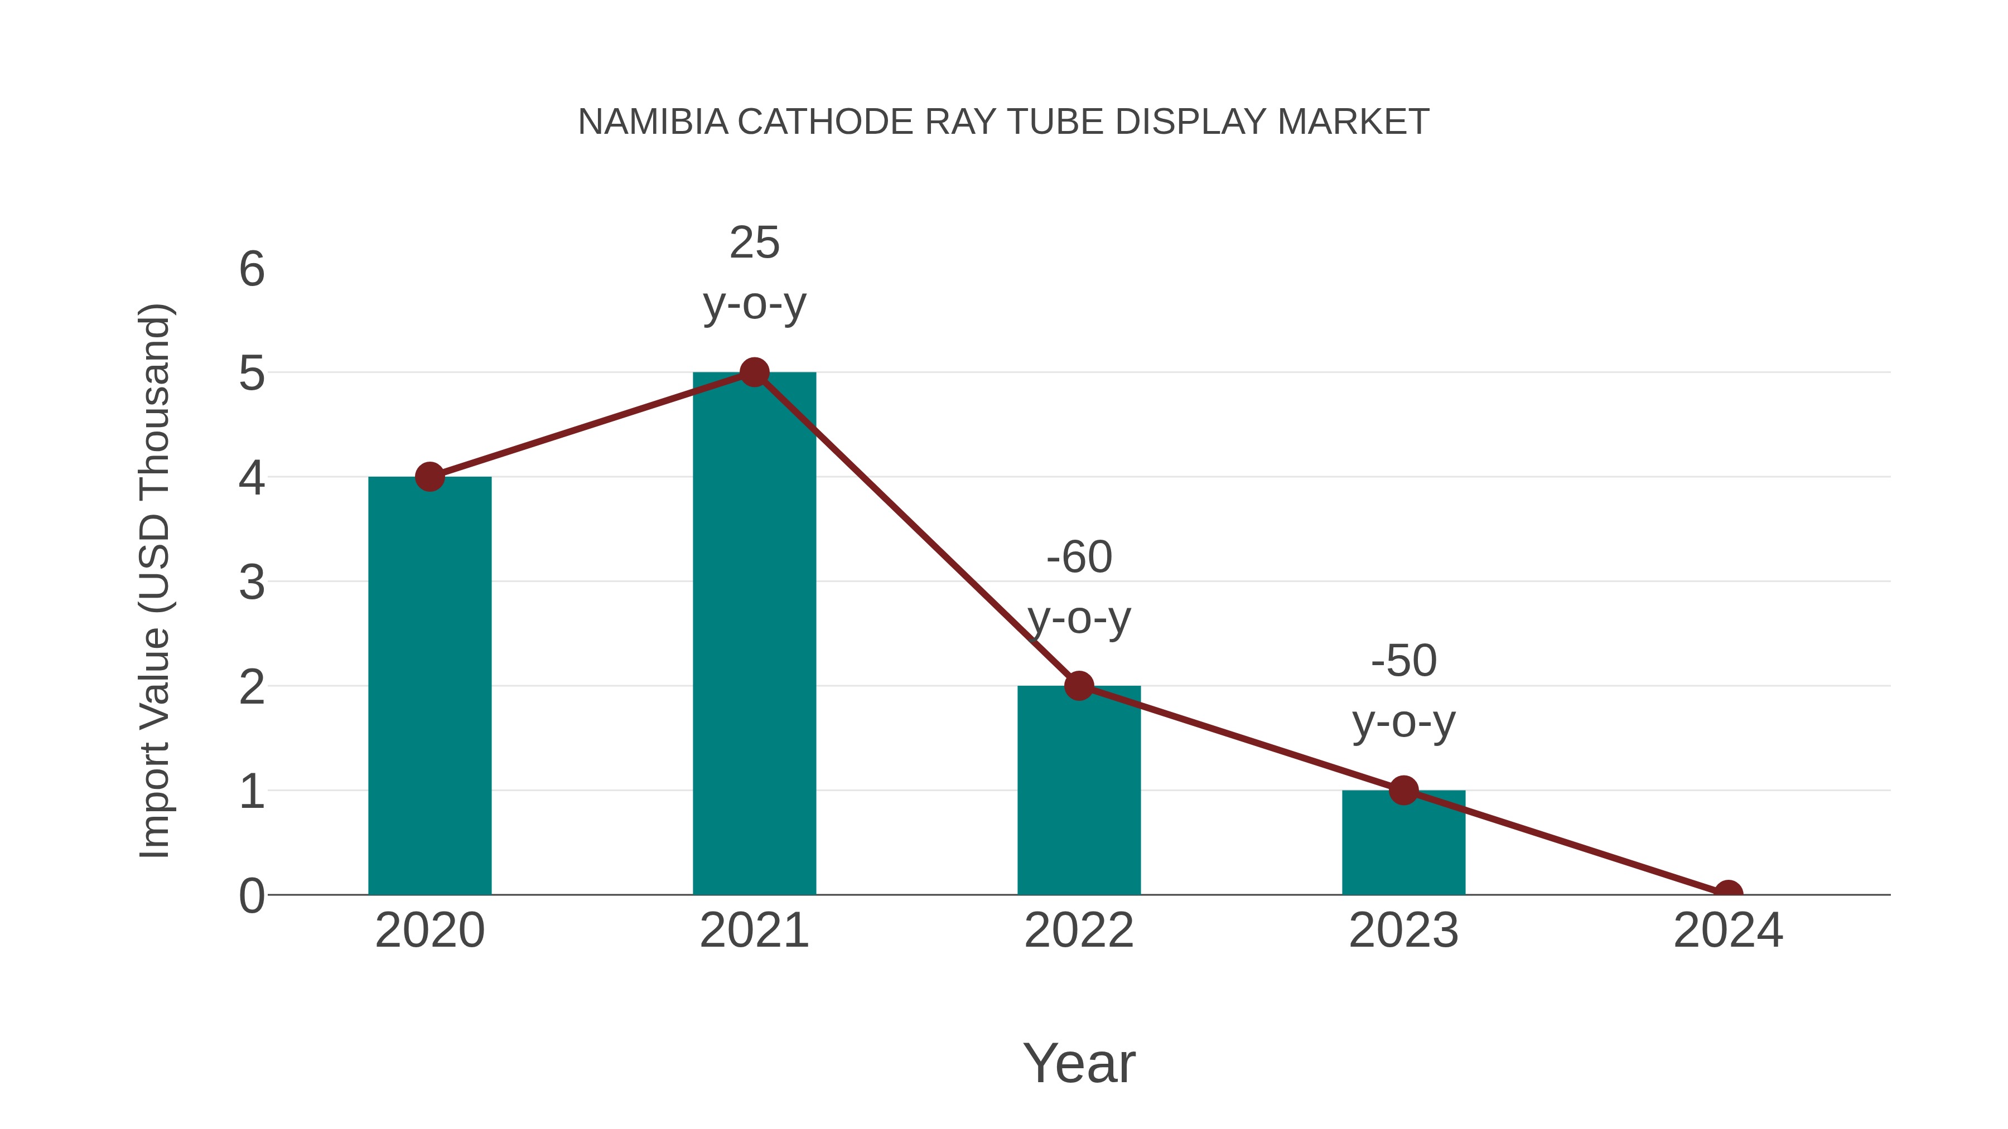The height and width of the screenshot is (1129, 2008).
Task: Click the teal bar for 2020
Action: (x=429, y=686)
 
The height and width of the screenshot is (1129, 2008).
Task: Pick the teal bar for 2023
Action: (x=1403, y=845)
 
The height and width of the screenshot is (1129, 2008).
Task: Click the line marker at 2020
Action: (x=429, y=477)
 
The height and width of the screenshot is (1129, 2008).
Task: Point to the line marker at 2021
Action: (x=754, y=372)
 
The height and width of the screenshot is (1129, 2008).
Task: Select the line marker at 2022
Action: (x=1079, y=686)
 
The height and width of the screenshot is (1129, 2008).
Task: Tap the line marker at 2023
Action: (x=1403, y=791)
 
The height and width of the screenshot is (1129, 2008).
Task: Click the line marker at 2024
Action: (x=1728, y=893)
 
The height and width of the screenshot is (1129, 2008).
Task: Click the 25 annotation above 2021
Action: (x=754, y=243)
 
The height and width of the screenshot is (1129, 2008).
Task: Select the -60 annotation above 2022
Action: (x=1079, y=558)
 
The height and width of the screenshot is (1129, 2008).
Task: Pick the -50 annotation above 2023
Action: (x=1403, y=661)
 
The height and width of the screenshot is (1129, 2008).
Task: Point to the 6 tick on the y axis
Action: (x=252, y=270)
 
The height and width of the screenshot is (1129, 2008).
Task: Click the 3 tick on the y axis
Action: (x=252, y=583)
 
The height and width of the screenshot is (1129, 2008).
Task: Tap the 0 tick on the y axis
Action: (x=252, y=896)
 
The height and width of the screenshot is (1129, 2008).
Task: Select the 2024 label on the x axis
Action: (x=1728, y=931)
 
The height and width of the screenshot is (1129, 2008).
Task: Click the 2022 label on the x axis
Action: (x=1079, y=931)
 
